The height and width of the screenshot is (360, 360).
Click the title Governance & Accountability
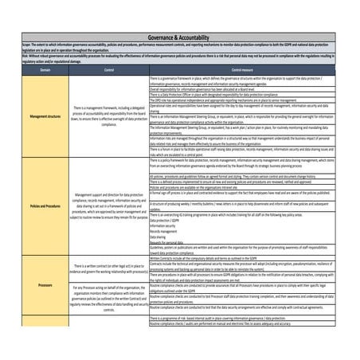[x=179, y=37]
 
